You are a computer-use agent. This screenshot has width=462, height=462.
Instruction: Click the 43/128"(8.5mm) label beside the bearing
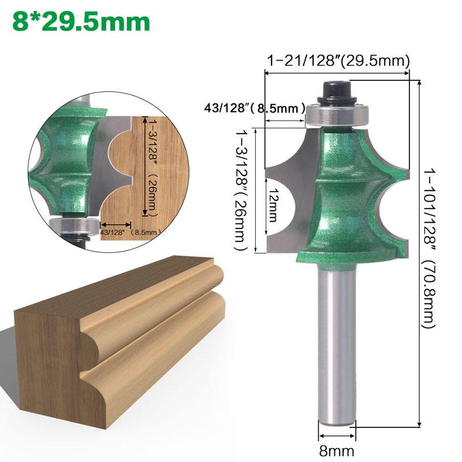coord(254,107)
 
